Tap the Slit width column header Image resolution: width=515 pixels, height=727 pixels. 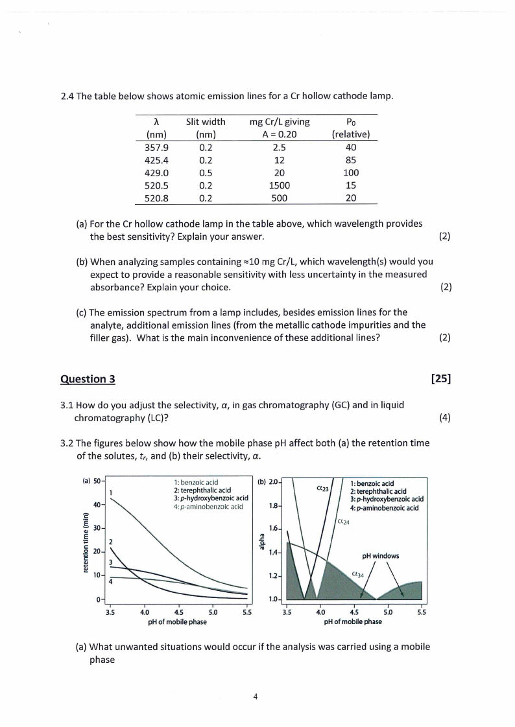[206, 121]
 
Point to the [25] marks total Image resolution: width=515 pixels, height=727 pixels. [440, 379]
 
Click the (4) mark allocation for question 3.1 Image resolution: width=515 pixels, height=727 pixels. [444, 418]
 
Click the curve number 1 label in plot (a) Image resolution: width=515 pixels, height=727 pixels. [112, 492]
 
